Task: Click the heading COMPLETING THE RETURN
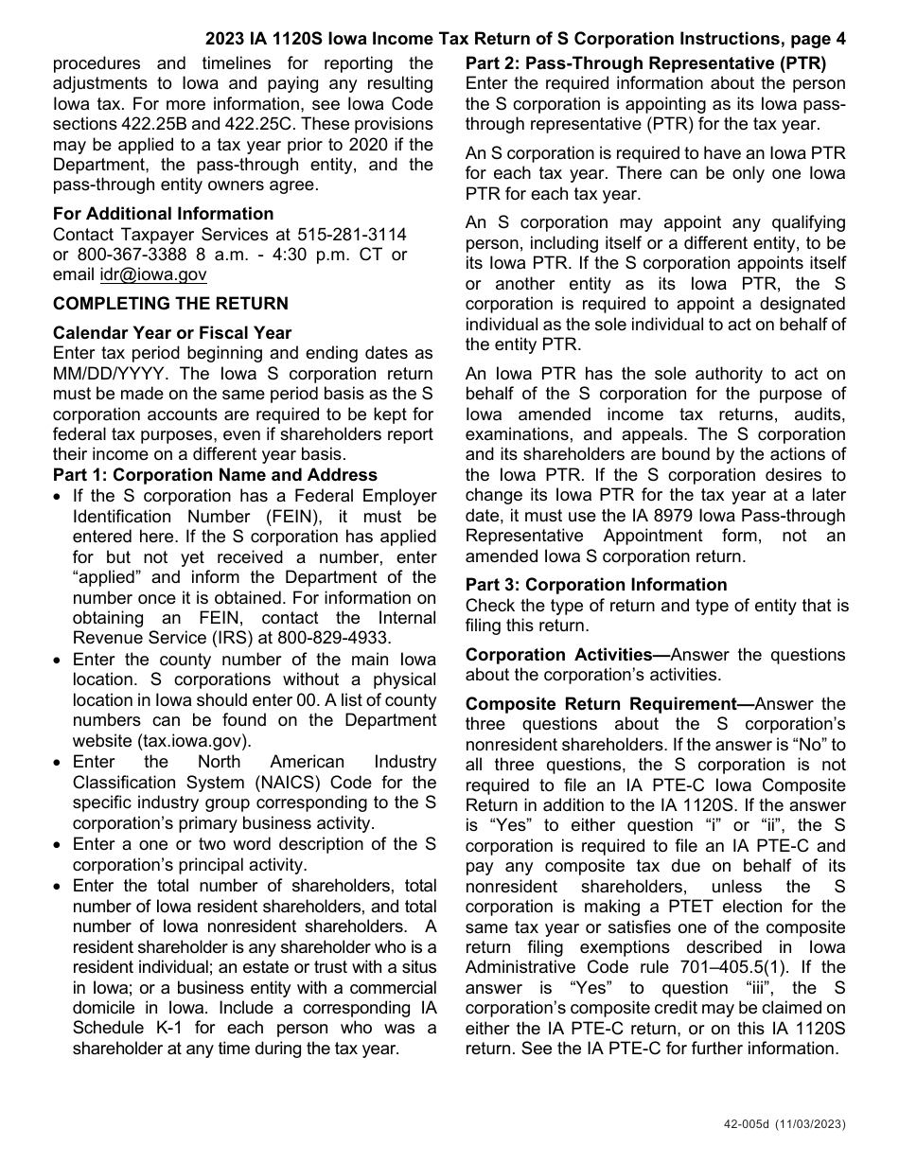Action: pos(170,304)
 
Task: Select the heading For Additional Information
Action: pos(163,214)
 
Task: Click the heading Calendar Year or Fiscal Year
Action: pos(172,333)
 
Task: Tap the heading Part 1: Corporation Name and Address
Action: pos(215,475)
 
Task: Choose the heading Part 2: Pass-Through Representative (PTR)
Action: pos(645,64)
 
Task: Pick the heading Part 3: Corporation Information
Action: pos(596,585)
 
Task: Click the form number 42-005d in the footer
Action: pos(746,1124)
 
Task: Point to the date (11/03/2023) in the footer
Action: pos(813,1124)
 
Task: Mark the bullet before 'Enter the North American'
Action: pos(60,763)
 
